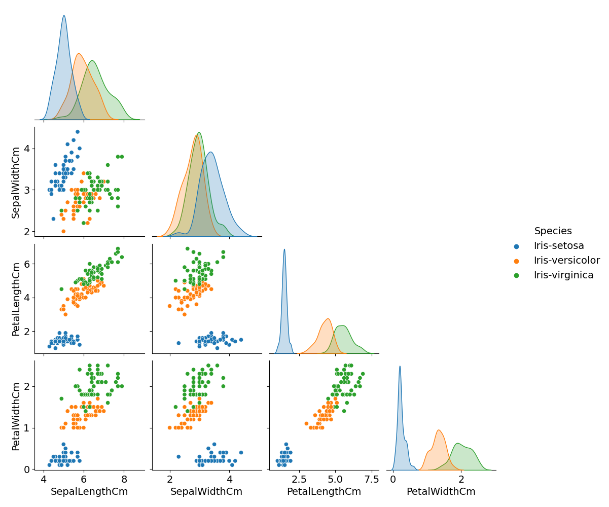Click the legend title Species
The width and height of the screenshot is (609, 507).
[553, 231]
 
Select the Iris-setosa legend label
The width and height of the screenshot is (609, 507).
[559, 246]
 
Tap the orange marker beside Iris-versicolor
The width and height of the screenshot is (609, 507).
[517, 261]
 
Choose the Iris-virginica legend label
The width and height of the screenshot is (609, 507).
[563, 275]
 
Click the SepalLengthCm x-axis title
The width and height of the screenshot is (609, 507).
[89, 492]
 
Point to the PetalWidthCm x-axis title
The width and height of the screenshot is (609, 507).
[441, 492]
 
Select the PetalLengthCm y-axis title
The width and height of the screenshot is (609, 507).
[16, 299]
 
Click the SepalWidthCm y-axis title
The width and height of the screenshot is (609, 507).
[16, 182]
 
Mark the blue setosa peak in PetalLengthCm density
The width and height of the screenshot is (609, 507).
[284, 249]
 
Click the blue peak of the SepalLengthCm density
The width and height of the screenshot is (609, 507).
[64, 16]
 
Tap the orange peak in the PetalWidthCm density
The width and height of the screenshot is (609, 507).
[439, 430]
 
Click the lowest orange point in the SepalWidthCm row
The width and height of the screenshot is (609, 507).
[63, 231]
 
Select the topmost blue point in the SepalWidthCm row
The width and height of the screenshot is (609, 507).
[78, 132]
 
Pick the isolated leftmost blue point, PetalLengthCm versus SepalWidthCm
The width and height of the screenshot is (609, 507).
[178, 343]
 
